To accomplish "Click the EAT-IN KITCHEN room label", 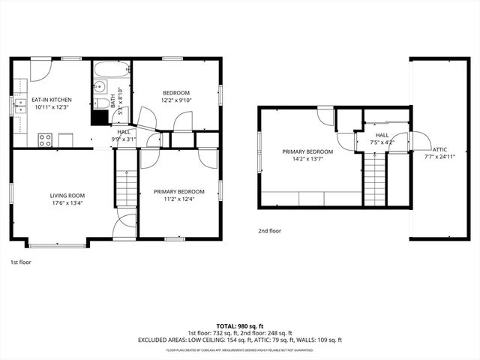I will click(x=51, y=100).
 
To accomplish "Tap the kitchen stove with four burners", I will click(x=45, y=139).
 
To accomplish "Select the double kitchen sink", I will click(x=19, y=107).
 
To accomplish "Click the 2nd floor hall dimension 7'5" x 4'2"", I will click(x=382, y=142).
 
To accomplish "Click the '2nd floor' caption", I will click(x=269, y=231).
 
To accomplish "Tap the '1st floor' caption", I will click(x=20, y=262).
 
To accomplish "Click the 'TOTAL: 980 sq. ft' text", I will click(x=239, y=326).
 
